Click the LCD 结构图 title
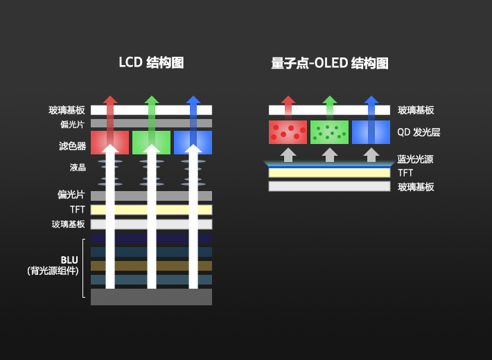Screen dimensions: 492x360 pyautogui.click(x=151, y=62)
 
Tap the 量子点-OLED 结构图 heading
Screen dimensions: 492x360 pyautogui.click(x=330, y=63)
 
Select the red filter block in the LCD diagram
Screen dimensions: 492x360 pyautogui.click(x=109, y=143)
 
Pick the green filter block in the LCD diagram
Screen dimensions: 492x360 pyautogui.click(x=151, y=143)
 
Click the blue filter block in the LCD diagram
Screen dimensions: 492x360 pyautogui.click(x=193, y=143)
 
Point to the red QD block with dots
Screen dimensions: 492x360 pyautogui.click(x=288, y=132)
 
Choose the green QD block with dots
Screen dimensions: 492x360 pyautogui.click(x=329, y=132)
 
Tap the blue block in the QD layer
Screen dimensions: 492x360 pyautogui.click(x=371, y=132)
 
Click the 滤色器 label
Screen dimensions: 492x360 pyautogui.click(x=72, y=146)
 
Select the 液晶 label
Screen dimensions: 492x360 pyautogui.click(x=78, y=167)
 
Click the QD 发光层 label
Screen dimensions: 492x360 pyautogui.click(x=419, y=132)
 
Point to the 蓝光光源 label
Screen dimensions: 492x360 pyautogui.click(x=415, y=159)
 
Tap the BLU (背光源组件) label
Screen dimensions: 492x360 pyautogui.click(x=53, y=265)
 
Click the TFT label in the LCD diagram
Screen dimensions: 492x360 pyautogui.click(x=78, y=209)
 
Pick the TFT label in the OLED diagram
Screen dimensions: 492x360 pyautogui.click(x=405, y=173)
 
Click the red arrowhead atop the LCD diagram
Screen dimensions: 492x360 pyautogui.click(x=109, y=100)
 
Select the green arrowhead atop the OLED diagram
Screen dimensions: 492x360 pyautogui.click(x=329, y=100)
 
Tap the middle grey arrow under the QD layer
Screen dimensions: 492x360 pyautogui.click(x=329, y=155)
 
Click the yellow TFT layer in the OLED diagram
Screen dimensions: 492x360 pyautogui.click(x=329, y=173)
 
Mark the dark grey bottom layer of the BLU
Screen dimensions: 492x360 pyautogui.click(x=151, y=297)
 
